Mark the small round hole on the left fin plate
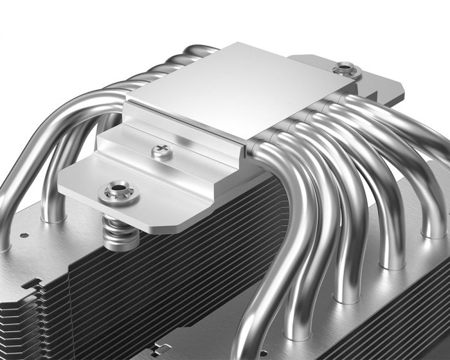click(x=21, y=235)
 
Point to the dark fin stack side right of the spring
click(x=212, y=257)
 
